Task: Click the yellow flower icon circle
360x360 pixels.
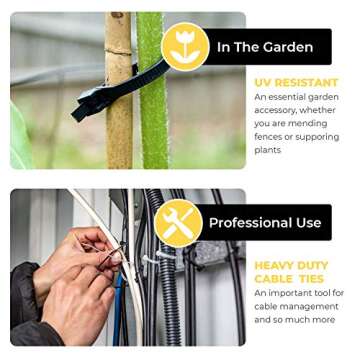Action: pyautogui.click(x=185, y=46)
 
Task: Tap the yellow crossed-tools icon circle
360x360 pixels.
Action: pyautogui.click(x=178, y=222)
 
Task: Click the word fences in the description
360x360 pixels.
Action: pyautogui.click(x=269, y=136)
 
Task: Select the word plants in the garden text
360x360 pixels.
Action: pyautogui.click(x=268, y=150)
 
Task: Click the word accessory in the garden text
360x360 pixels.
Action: pyautogui.click(x=277, y=110)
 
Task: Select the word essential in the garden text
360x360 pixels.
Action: pyautogui.click(x=286, y=97)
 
